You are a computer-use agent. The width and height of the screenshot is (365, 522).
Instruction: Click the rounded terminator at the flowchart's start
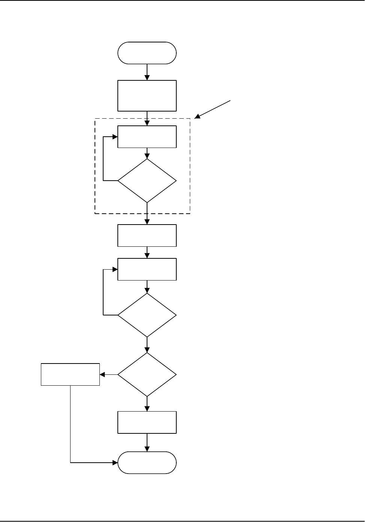(x=147, y=53)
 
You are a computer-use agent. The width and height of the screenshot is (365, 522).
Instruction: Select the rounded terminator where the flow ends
(x=147, y=463)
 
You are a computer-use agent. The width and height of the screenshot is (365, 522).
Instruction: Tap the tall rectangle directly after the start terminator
(x=147, y=95)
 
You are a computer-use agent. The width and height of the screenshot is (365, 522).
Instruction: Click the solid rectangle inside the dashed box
(x=147, y=137)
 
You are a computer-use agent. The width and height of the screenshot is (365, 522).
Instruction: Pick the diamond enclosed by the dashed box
(x=147, y=181)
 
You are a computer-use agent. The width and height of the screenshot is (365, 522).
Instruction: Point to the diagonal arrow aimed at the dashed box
(x=213, y=109)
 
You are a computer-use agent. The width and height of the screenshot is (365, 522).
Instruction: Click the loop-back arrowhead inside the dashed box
(x=115, y=137)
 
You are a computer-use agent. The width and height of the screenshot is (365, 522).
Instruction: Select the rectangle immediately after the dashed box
(x=147, y=235)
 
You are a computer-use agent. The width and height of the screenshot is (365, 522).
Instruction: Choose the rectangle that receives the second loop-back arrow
(x=147, y=269)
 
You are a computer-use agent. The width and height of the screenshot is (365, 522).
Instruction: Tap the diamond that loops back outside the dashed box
(x=147, y=315)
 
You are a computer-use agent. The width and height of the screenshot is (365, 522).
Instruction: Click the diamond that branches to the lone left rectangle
(x=147, y=374)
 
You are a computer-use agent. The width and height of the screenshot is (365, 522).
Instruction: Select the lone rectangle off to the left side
(x=70, y=374)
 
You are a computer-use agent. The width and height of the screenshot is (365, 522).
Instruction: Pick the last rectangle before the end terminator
(x=147, y=422)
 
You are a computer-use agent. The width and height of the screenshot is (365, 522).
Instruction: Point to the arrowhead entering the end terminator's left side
(x=115, y=463)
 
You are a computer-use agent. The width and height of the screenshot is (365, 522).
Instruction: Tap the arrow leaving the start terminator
(x=147, y=72)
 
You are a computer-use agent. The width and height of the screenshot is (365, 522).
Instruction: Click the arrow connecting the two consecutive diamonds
(x=147, y=345)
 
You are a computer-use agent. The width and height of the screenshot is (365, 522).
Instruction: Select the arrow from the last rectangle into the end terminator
(x=147, y=442)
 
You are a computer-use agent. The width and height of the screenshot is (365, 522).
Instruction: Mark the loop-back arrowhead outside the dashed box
(x=115, y=269)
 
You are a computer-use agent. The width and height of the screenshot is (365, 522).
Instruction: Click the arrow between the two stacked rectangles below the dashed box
(x=147, y=252)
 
